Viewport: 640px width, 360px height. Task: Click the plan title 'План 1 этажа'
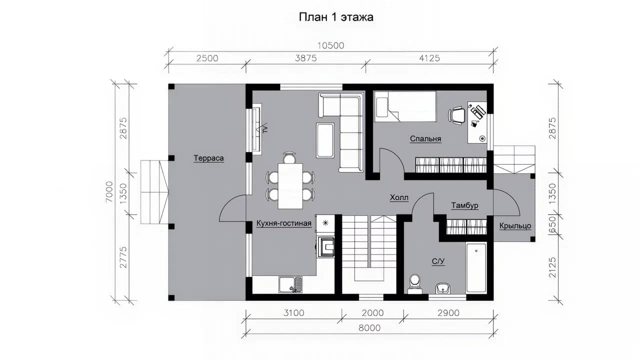pyautogui.click(x=336, y=17)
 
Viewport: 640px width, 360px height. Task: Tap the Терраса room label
pyautogui.click(x=208, y=158)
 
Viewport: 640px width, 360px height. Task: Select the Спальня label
pyautogui.click(x=425, y=138)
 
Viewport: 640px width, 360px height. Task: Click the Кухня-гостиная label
pyautogui.click(x=283, y=223)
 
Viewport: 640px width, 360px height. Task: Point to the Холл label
pyautogui.click(x=399, y=197)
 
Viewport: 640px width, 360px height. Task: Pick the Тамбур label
pyautogui.click(x=464, y=205)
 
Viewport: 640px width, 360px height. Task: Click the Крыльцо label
pyautogui.click(x=515, y=225)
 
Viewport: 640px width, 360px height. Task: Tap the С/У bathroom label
pyautogui.click(x=438, y=261)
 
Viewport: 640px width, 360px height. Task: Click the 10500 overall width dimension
pyautogui.click(x=331, y=45)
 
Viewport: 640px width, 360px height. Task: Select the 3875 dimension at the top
pyautogui.click(x=305, y=58)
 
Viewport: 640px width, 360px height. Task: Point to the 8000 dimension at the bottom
pyautogui.click(x=369, y=327)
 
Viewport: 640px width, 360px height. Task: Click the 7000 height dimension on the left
pyautogui.click(x=109, y=192)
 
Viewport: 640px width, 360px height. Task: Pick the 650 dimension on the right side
pyautogui.click(x=552, y=225)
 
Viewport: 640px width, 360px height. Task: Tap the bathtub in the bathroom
pyautogui.click(x=476, y=267)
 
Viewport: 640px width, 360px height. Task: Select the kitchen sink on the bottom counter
pyautogui.click(x=290, y=284)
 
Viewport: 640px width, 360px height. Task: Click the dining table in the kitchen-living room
pyautogui.click(x=290, y=186)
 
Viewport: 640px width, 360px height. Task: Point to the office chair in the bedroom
pyautogui.click(x=456, y=115)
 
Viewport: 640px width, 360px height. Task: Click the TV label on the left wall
pyautogui.click(x=265, y=128)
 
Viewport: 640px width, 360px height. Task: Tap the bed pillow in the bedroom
pyautogui.click(x=381, y=107)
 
